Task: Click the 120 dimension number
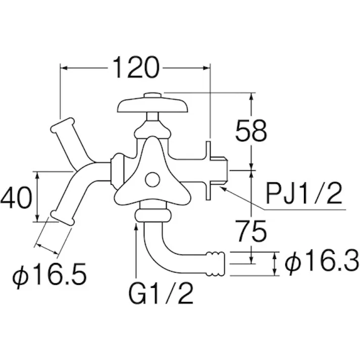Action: pos(136,68)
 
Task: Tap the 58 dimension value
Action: pos(251,131)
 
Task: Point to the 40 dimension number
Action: pos(16,197)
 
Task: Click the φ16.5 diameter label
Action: pos(49,275)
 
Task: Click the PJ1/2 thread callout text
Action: pos(304,193)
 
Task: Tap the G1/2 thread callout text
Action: pos(161,293)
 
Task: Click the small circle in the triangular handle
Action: pos(152,180)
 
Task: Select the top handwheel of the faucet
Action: pos(152,106)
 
